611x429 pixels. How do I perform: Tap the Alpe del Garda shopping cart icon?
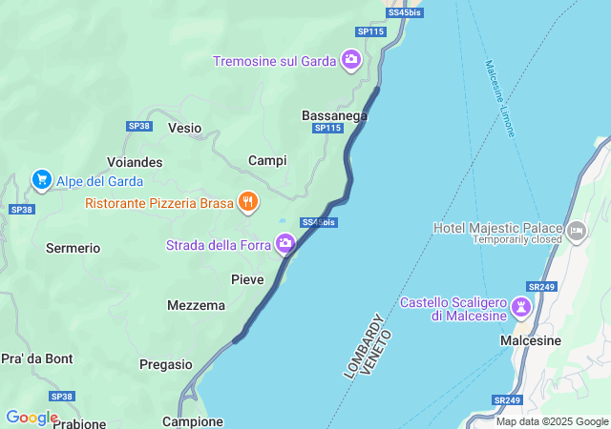[x=41, y=179]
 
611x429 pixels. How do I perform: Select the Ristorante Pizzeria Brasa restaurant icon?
[x=248, y=201]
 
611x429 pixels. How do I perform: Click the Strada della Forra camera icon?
[x=284, y=245]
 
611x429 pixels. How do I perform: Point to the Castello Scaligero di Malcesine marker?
[x=521, y=307]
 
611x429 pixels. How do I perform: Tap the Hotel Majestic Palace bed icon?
[x=576, y=230]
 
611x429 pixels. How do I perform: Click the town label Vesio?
[x=184, y=127]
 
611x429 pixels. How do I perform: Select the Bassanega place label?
[x=334, y=115]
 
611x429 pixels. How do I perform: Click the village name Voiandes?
[x=135, y=162]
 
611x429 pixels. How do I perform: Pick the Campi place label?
[x=267, y=160]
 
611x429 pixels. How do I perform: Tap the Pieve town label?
[x=247, y=278]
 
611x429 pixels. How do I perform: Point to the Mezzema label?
[x=196, y=305]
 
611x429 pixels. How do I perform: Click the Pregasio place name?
[x=166, y=363]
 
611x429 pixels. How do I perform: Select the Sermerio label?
[x=73, y=248]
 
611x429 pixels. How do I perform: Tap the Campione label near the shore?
[x=192, y=420]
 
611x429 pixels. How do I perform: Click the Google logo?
[x=32, y=418]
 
